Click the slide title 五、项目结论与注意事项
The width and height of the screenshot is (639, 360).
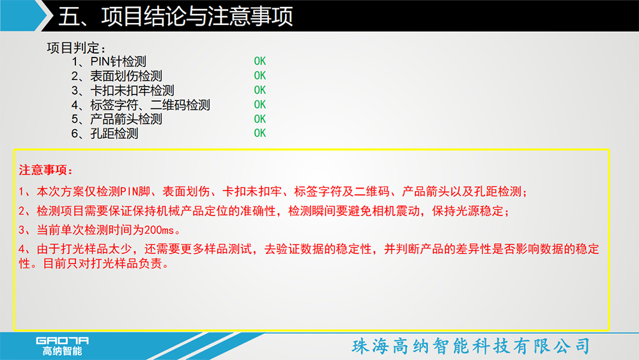[x=175, y=17]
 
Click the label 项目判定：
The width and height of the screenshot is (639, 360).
[x=77, y=48]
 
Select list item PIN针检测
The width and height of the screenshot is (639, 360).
[x=109, y=61]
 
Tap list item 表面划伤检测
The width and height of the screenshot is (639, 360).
[x=116, y=76]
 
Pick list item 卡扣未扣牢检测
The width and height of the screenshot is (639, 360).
[x=123, y=90]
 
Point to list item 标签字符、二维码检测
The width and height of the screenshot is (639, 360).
[x=141, y=105]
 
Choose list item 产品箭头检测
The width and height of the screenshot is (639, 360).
[x=116, y=119]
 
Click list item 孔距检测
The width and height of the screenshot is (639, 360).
[x=105, y=133]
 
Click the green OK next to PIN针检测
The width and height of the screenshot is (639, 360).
[x=260, y=61]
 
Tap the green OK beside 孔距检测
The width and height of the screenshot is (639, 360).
[x=260, y=133]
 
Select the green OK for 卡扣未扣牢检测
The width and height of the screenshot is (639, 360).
[x=260, y=90]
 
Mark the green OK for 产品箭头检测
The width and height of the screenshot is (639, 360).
[x=260, y=119]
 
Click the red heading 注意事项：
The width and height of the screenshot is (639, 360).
[x=45, y=170]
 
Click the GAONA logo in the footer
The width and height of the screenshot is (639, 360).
[x=63, y=346]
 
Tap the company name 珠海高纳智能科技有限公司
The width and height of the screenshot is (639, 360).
[x=471, y=346]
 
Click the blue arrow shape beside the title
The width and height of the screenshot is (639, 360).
[x=24, y=15]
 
